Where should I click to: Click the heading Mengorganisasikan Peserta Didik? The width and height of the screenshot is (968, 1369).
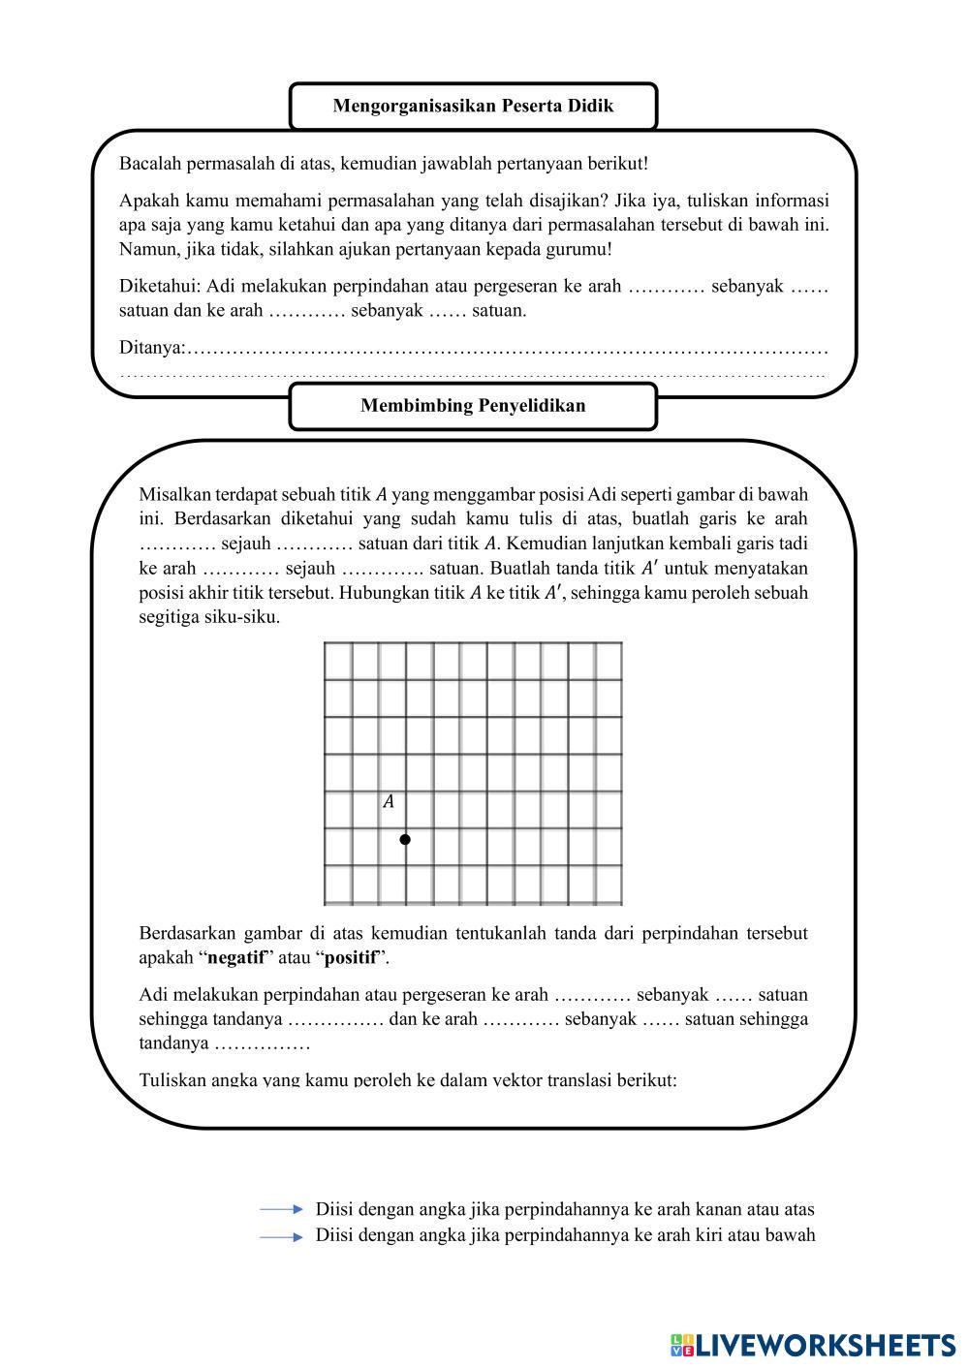[x=473, y=106]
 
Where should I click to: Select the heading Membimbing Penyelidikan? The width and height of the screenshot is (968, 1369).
[x=473, y=406]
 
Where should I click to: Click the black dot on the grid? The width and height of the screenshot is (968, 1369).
[x=405, y=839]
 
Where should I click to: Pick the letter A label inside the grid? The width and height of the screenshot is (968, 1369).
[x=389, y=802]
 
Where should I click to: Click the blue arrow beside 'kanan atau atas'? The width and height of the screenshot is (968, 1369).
[x=281, y=1209]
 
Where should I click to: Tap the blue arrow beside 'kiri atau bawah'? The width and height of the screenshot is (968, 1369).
[x=281, y=1236]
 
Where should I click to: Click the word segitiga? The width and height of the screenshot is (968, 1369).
[x=171, y=616]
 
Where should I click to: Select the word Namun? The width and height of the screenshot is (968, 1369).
[x=144, y=249]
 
